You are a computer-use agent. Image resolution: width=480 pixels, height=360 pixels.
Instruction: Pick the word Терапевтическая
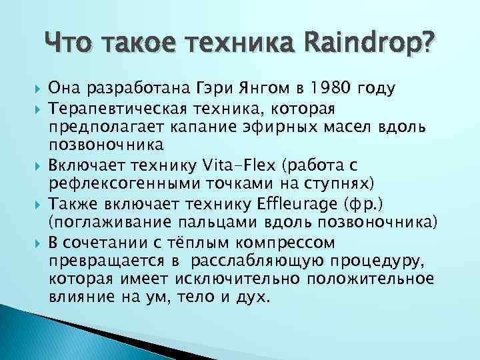(x=119, y=108)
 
